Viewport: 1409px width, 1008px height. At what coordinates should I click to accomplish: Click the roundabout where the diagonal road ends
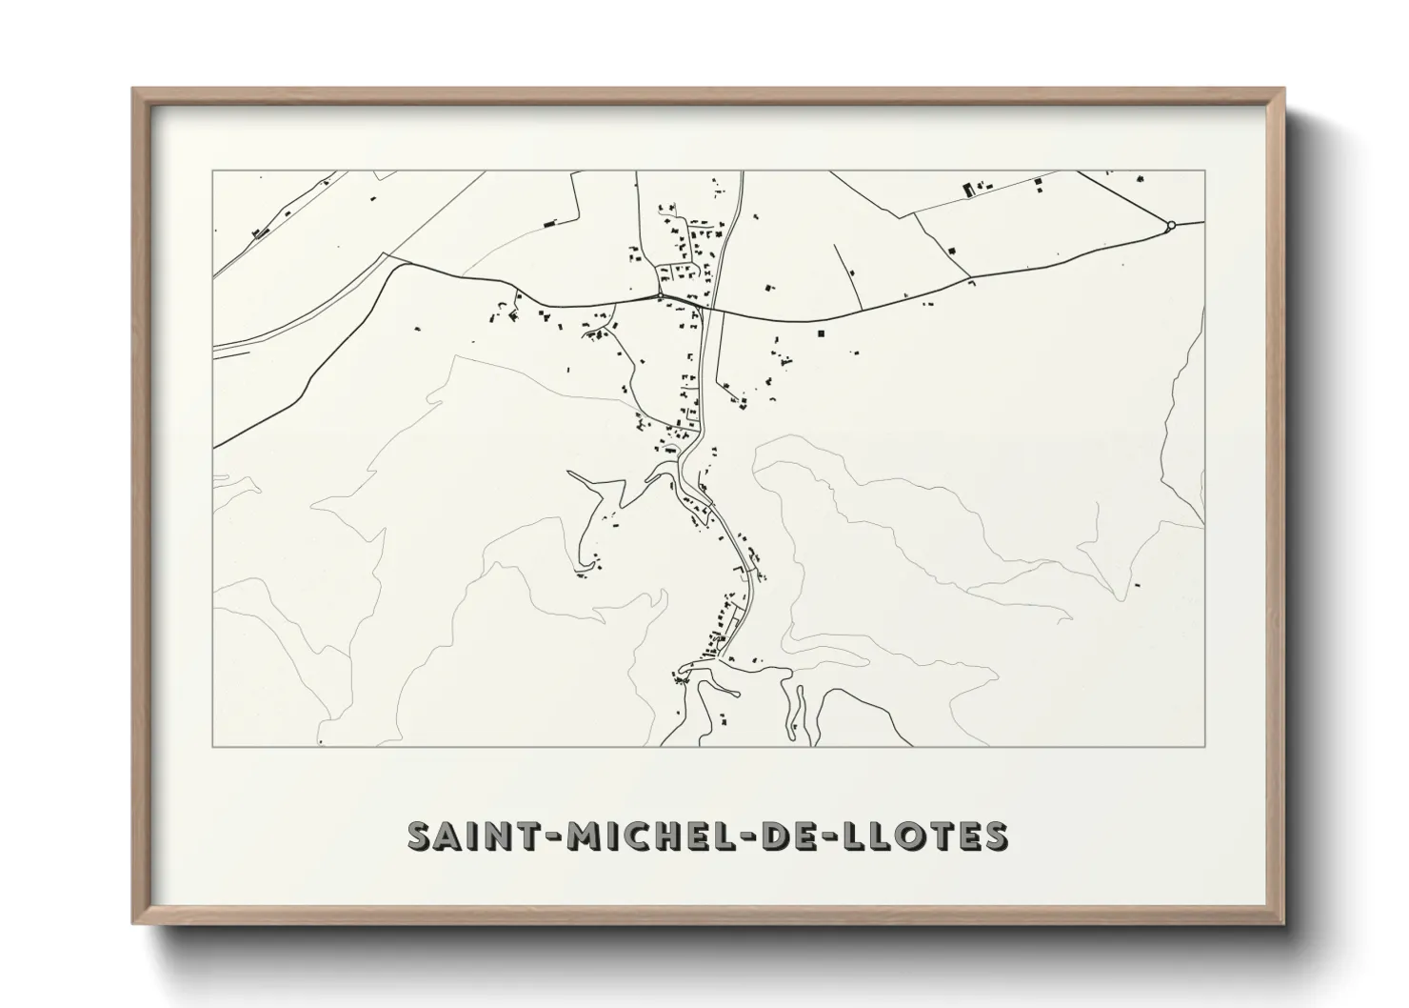coord(1171,225)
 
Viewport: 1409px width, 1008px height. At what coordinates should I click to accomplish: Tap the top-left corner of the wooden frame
coord(133,90)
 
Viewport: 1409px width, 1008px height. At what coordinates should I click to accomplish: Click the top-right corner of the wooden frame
coord(1283,90)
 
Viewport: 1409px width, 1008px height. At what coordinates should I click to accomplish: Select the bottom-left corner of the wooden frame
coord(133,923)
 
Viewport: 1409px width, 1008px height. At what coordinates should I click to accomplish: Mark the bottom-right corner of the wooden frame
coord(1283,923)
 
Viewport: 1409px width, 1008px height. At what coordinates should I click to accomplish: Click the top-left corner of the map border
coord(213,171)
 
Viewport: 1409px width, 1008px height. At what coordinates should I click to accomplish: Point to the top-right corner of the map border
coord(1205,171)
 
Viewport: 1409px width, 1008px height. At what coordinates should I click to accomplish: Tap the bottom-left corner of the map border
coord(213,746)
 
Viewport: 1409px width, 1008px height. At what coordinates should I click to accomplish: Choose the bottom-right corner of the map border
coord(1205,746)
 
